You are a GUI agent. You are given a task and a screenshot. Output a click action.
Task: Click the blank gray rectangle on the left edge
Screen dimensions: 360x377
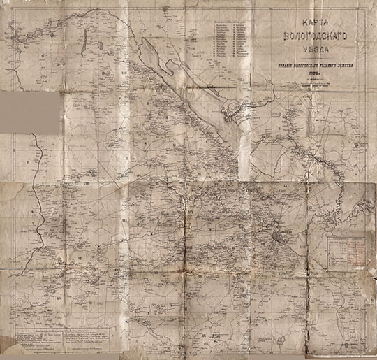click(30, 111)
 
